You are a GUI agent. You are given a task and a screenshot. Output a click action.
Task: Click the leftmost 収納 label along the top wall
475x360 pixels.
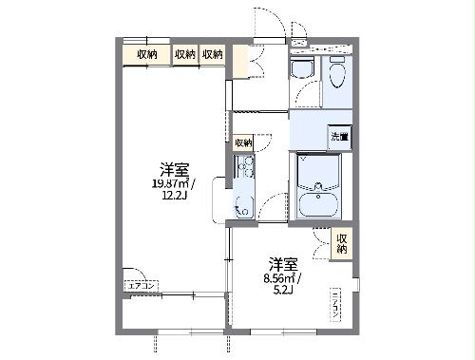146,55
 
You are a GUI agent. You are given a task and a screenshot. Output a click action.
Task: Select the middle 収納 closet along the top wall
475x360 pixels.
185,55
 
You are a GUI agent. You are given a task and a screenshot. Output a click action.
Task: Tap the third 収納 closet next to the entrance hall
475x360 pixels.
213,55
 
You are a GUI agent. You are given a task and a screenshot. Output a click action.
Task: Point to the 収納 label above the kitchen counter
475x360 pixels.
243,142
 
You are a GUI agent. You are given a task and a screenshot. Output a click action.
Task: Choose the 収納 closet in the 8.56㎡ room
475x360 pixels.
341,243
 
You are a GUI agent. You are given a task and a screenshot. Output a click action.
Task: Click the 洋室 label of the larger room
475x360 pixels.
173,170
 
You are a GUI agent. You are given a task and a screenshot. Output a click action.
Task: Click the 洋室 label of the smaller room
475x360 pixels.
282,263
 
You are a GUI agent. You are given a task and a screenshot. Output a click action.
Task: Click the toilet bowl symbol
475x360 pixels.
302,67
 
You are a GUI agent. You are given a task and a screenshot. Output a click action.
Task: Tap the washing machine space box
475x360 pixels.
339,137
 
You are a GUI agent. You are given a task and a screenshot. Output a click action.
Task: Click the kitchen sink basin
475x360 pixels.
242,199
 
